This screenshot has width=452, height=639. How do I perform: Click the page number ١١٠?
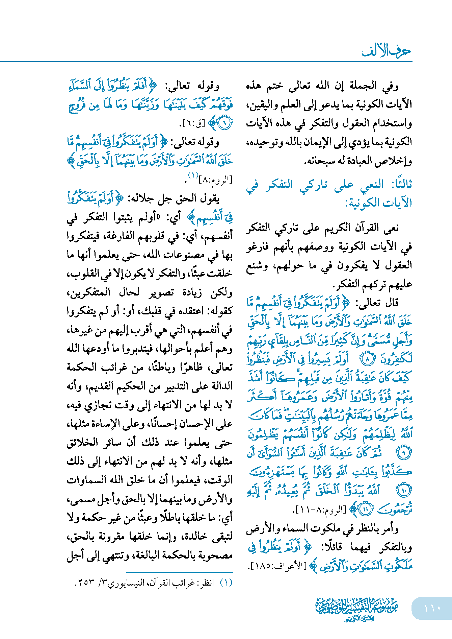pyautogui.click(x=432, y=608)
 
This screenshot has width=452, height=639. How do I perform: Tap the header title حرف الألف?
pyautogui.click(x=386, y=51)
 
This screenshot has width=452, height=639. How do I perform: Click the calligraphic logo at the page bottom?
pyautogui.click(x=356, y=609)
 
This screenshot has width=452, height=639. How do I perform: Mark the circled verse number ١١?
pyautogui.click(x=365, y=509)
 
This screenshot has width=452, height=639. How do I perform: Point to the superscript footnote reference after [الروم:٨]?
pyautogui.click(x=193, y=175)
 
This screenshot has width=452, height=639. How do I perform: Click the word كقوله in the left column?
pyautogui.click(x=220, y=311)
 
